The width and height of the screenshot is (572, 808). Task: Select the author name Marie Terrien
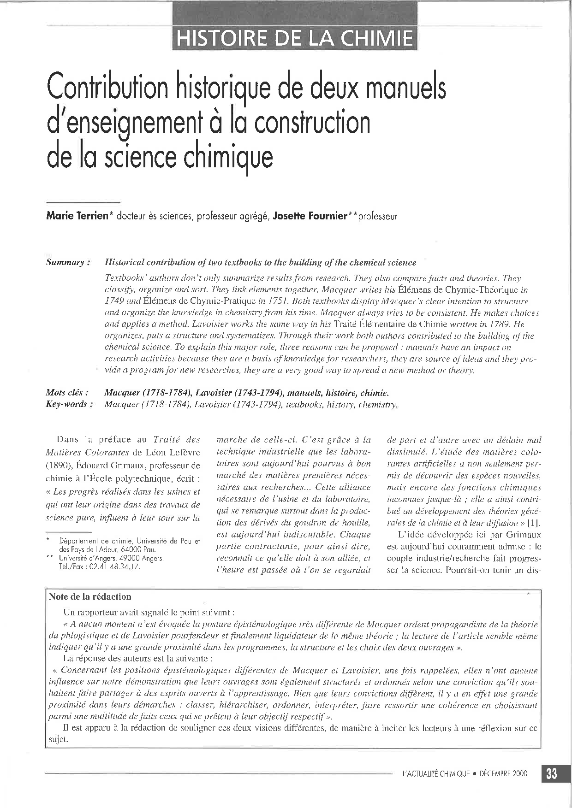point(76,216)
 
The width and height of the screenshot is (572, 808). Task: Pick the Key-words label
point(66,404)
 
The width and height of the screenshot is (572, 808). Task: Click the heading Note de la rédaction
point(90,597)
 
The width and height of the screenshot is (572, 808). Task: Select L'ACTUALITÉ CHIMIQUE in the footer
point(436,774)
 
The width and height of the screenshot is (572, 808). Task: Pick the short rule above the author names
point(83,203)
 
